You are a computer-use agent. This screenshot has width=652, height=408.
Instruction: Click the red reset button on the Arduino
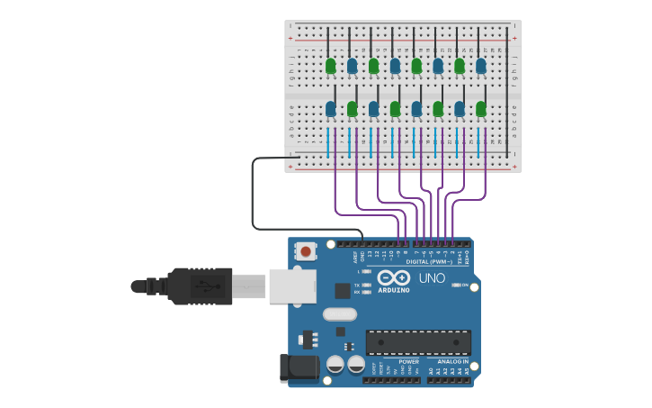pos(306,251)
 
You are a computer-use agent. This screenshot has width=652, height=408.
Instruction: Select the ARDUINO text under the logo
pos(394,290)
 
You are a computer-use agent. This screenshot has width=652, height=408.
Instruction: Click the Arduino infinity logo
pos(394,278)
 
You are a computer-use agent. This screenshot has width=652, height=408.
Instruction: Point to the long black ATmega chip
pos(418,342)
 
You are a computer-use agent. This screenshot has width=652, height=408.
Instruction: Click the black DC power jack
pos(299,367)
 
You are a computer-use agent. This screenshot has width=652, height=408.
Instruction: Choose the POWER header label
pos(409,362)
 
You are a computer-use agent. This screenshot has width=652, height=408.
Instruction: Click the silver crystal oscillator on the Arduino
pos(339,314)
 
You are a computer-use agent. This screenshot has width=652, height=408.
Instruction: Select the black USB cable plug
pos(200,286)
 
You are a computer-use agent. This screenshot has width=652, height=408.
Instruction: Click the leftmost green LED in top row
pos(330,65)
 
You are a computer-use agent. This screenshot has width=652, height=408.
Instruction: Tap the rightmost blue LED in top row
pos(481,65)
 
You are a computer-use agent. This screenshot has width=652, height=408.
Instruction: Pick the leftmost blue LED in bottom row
pos(330,108)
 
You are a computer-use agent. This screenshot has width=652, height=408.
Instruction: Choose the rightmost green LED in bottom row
pos(481,108)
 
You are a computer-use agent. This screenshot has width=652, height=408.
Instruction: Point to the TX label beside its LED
pos(356,285)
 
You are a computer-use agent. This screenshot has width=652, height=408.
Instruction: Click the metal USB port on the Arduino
pos(292,286)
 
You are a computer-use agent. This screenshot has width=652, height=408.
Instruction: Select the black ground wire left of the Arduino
pos(254,194)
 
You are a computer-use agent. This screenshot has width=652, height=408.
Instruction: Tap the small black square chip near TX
pos(343,291)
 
